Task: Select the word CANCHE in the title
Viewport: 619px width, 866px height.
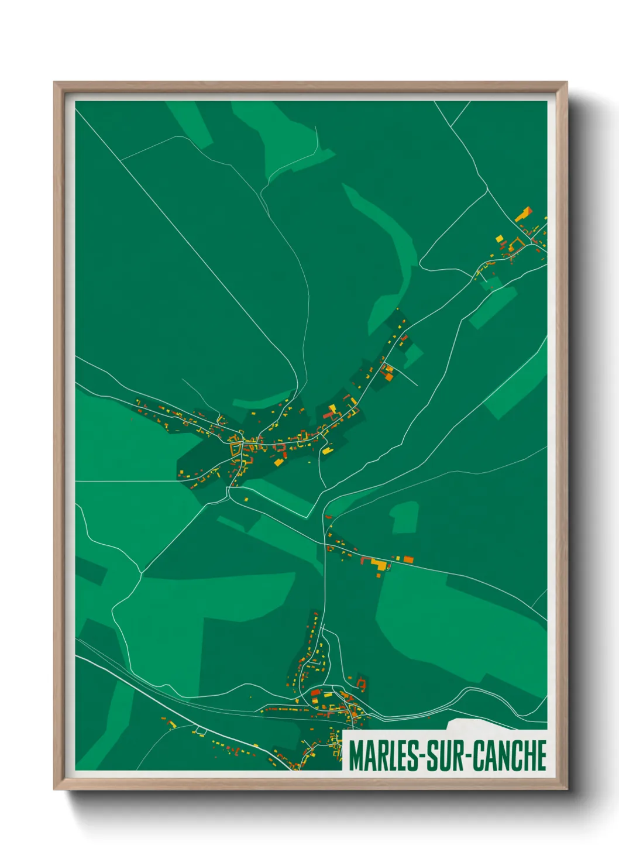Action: (510, 755)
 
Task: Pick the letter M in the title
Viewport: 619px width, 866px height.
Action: (357, 755)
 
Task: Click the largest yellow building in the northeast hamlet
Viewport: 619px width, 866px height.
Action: (523, 214)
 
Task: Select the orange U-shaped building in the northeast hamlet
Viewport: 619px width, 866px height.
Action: (517, 243)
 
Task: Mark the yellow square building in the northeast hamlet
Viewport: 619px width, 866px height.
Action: (500, 238)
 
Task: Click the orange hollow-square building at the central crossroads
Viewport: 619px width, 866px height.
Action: (236, 449)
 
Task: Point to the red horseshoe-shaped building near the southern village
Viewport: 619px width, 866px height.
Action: (361, 682)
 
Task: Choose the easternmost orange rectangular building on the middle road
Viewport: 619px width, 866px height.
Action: (408, 559)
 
